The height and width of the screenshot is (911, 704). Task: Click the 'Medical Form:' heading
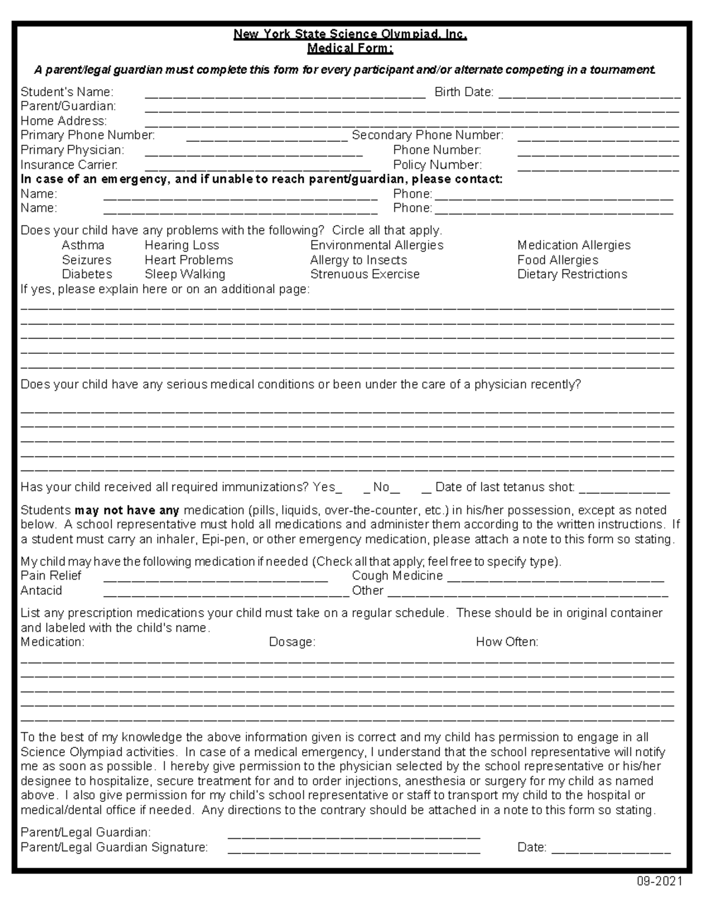click(350, 48)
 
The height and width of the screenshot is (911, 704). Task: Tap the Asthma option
click(83, 245)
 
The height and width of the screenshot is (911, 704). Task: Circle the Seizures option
click(86, 260)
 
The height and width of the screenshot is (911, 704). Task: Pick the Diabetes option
click(87, 274)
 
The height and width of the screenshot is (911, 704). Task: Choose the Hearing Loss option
click(182, 245)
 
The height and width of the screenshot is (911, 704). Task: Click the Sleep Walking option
click(185, 274)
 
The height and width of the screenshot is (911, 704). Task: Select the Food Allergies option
click(557, 260)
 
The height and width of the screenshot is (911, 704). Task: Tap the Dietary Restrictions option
click(572, 274)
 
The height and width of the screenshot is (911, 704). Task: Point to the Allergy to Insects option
click(358, 260)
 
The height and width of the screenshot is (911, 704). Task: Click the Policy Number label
click(437, 165)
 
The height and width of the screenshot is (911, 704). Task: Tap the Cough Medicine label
click(397, 576)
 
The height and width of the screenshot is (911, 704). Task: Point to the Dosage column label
click(292, 642)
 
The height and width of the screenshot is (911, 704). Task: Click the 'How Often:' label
click(507, 642)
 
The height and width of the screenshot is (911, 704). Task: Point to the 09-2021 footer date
click(661, 882)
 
